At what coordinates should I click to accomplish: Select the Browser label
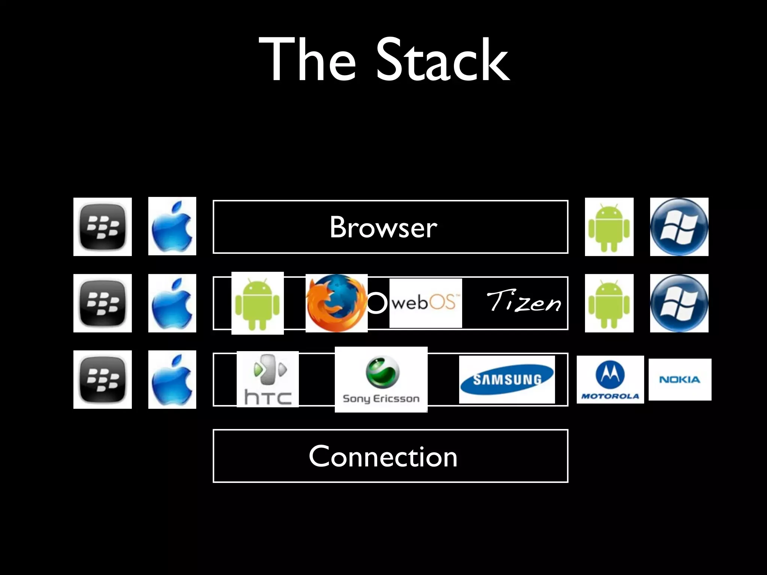click(383, 227)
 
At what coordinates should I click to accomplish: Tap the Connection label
click(383, 456)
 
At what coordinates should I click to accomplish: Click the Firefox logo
click(336, 303)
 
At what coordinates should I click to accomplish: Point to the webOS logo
click(425, 303)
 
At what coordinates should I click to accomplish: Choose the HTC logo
click(268, 379)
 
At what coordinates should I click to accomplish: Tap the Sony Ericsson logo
click(381, 379)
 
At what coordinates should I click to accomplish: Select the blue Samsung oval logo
click(507, 380)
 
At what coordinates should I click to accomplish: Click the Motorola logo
click(610, 380)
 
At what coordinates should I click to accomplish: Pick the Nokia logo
click(680, 380)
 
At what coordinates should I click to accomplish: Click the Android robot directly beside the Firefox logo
click(257, 303)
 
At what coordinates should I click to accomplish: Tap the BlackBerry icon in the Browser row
click(103, 227)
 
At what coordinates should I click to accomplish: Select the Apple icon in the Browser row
click(172, 226)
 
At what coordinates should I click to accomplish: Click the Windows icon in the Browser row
click(679, 227)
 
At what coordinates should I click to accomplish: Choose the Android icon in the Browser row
click(609, 227)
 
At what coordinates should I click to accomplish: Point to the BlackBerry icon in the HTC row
click(103, 380)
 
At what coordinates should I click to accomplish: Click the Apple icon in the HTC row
click(172, 380)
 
